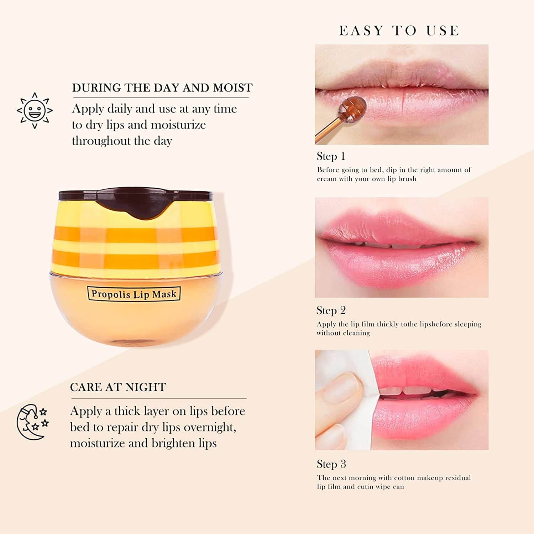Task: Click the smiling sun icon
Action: tap(35, 110)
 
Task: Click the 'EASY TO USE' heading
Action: tap(399, 31)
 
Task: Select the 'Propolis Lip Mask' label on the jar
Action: tap(134, 294)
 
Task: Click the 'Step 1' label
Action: tap(331, 156)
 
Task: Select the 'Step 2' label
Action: tap(331, 310)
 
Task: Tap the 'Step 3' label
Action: tap(331, 464)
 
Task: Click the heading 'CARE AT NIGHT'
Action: tap(118, 387)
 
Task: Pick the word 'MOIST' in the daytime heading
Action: tap(233, 88)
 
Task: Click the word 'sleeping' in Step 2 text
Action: tap(468, 324)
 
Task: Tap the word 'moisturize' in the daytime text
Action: tap(178, 125)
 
